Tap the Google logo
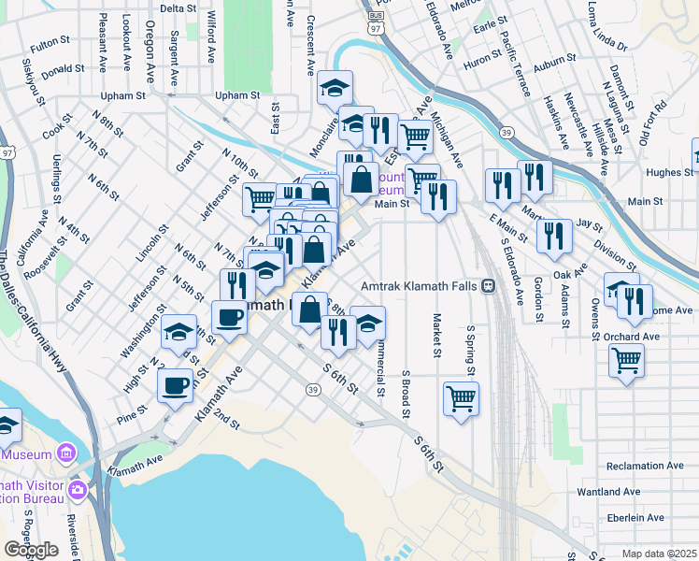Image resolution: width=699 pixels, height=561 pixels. point(31,550)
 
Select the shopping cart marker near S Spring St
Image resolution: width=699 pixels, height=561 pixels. point(462,397)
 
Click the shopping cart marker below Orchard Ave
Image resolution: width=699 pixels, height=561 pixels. point(626,359)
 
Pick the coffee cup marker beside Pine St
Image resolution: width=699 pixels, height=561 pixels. point(175,384)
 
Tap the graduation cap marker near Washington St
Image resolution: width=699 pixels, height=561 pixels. point(179,332)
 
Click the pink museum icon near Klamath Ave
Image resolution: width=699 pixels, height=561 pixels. point(66,454)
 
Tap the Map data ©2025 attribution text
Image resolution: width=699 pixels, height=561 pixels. point(659,554)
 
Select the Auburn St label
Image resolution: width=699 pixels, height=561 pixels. point(555,69)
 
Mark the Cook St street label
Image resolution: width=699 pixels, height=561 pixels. point(57,129)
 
